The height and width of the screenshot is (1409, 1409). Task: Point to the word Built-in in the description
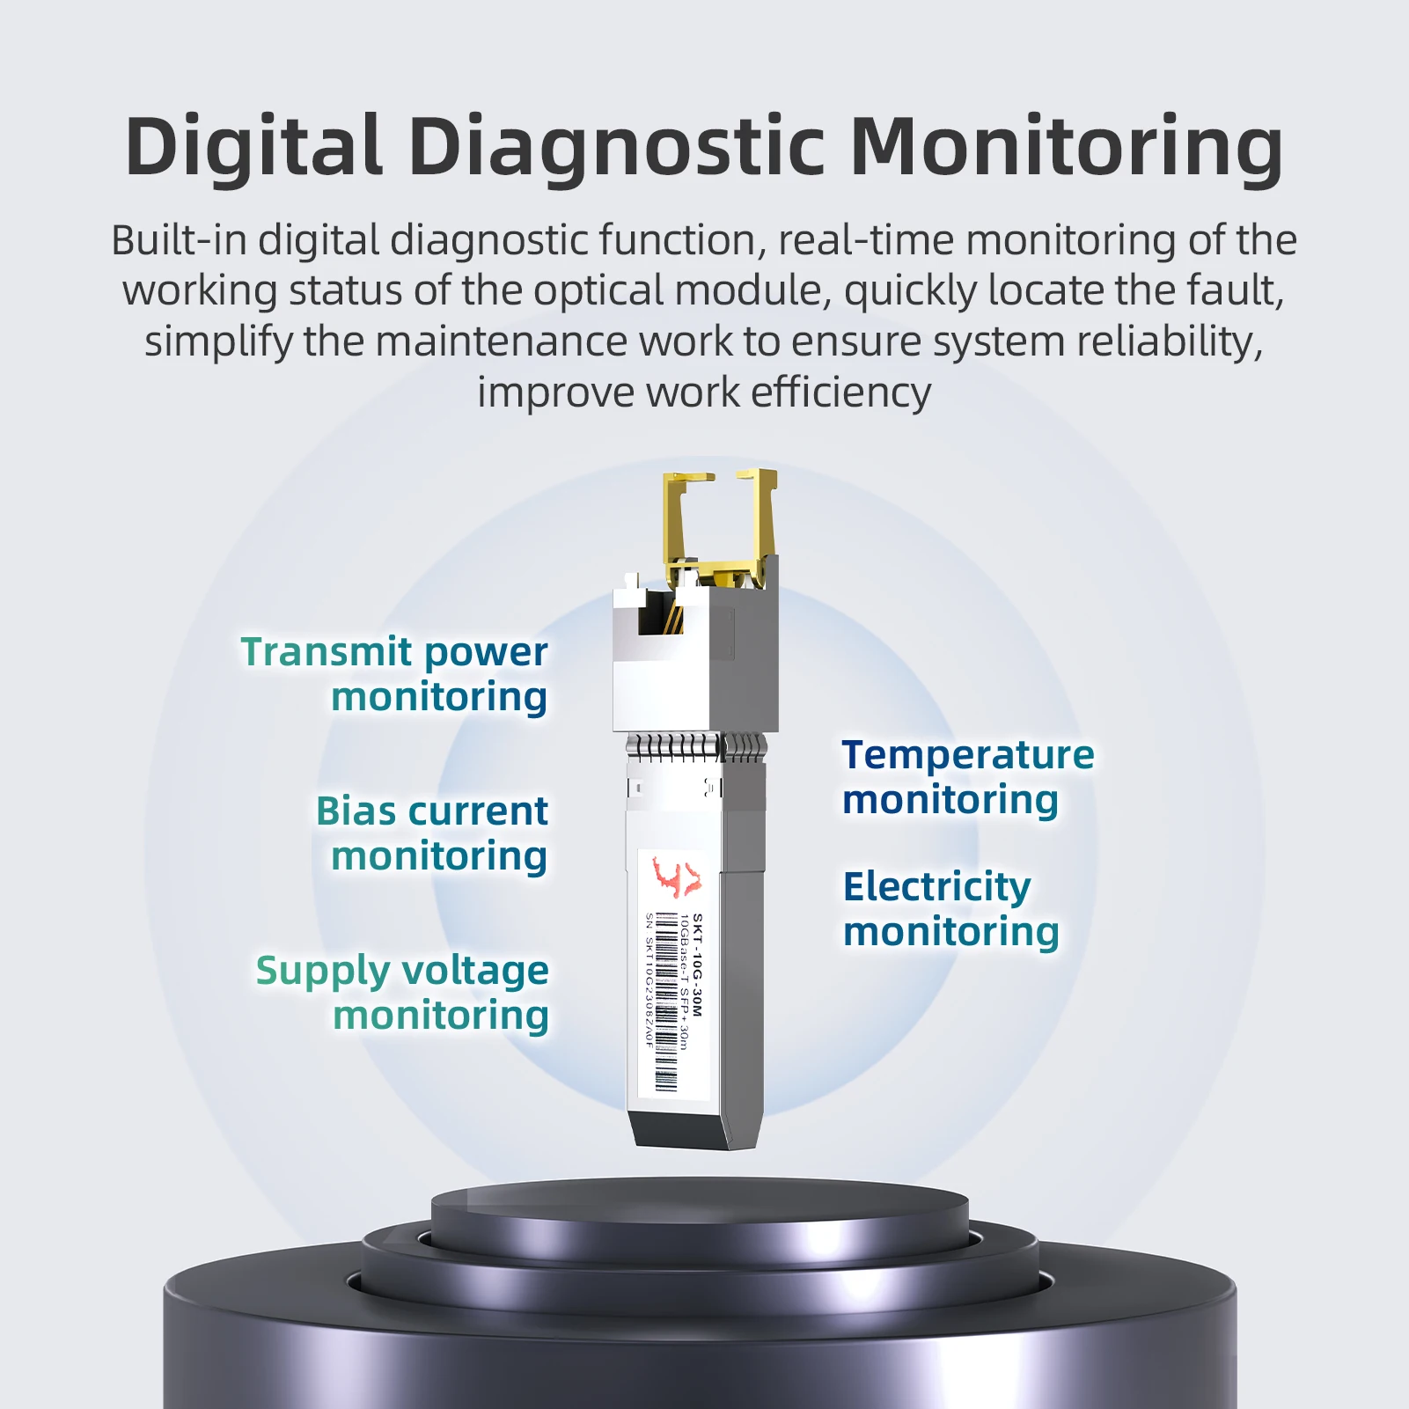point(179,240)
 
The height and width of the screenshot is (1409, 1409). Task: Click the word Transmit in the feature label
point(327,652)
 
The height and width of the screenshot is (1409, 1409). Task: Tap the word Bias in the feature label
point(356,811)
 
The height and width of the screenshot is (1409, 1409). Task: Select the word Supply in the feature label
point(322,972)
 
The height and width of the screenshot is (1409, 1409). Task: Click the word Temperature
point(968,755)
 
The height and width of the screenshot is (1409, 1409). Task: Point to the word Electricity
point(936,888)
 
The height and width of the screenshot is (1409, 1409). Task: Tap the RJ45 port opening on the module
point(660,613)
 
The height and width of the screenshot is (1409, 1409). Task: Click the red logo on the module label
point(677,877)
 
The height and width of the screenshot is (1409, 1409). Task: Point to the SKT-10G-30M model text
point(697,965)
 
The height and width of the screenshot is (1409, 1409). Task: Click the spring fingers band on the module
point(696,747)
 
